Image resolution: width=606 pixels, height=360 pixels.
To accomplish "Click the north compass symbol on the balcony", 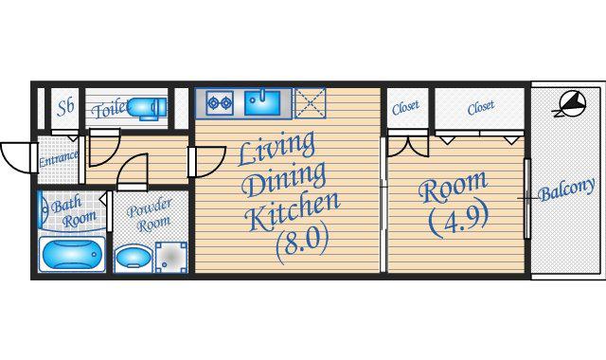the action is [x=570, y=103].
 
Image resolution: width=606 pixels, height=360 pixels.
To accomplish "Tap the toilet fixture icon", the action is [x=147, y=108].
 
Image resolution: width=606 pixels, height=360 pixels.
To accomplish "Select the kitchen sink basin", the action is [x=262, y=103].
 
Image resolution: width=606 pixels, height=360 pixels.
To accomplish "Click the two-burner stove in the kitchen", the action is [x=220, y=103].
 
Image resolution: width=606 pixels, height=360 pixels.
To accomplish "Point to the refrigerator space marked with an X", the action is [x=310, y=103].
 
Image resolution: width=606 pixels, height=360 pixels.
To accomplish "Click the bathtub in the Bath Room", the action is [x=72, y=255].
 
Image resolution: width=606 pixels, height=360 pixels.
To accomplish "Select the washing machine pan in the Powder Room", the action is [x=170, y=257].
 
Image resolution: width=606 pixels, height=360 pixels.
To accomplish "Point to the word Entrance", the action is [x=59, y=158].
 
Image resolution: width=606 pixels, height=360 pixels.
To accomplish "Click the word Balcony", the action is [x=566, y=189].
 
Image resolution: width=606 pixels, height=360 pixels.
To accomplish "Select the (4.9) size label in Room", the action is [x=458, y=221].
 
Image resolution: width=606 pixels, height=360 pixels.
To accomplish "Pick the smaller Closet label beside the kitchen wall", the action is [x=405, y=107].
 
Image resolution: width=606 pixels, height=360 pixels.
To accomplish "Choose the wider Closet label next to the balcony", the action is [x=480, y=107].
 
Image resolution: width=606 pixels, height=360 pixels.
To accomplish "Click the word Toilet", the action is [x=110, y=109].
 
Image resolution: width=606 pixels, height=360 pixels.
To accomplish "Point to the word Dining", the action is [x=284, y=179].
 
